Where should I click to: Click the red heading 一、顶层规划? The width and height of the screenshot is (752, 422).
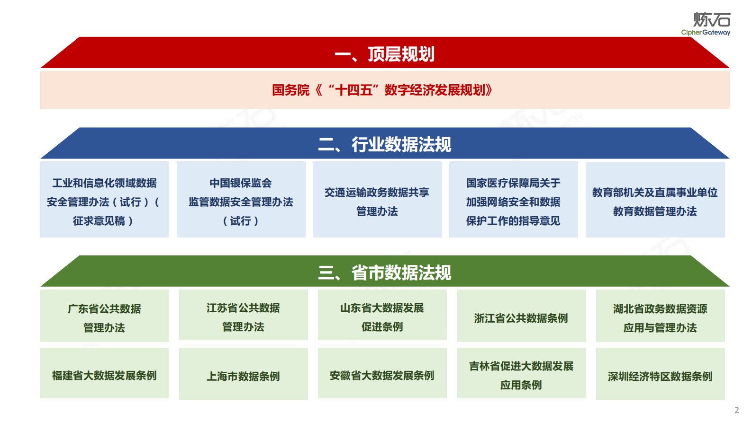(384, 54)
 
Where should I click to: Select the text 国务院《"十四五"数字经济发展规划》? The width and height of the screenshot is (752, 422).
(382, 90)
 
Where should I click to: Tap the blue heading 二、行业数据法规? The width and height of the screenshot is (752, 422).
(384, 144)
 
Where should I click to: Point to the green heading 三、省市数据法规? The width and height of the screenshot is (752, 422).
(384, 273)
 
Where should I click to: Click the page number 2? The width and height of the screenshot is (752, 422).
(736, 410)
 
